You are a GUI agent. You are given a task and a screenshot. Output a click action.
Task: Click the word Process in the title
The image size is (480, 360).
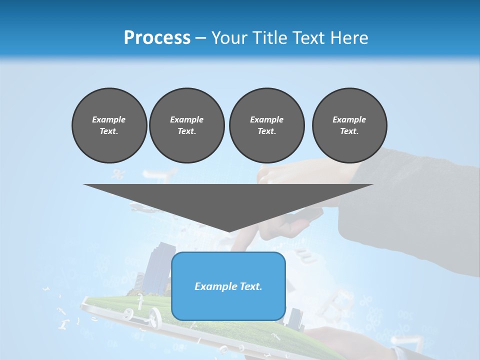(x=157, y=37)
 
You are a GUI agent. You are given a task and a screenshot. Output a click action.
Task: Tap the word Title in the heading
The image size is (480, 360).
(x=270, y=37)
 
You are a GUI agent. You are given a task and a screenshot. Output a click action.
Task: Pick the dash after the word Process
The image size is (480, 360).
(x=200, y=38)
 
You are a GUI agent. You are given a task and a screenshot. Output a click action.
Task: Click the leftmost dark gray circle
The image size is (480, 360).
(x=109, y=125)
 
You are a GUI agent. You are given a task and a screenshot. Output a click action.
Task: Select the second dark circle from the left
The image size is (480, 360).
(x=186, y=125)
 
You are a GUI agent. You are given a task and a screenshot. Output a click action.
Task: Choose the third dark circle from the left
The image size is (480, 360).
(x=266, y=125)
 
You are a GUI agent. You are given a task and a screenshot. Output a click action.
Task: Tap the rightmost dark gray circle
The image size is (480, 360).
(x=349, y=125)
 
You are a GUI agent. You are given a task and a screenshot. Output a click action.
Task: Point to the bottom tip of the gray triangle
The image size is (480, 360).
(x=228, y=230)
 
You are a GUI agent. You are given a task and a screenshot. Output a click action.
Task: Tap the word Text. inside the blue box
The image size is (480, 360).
(x=251, y=286)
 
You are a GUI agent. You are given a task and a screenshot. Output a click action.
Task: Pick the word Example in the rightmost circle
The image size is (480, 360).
(x=349, y=119)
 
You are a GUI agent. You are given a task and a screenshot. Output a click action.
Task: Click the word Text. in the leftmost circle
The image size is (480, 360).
(x=109, y=131)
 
